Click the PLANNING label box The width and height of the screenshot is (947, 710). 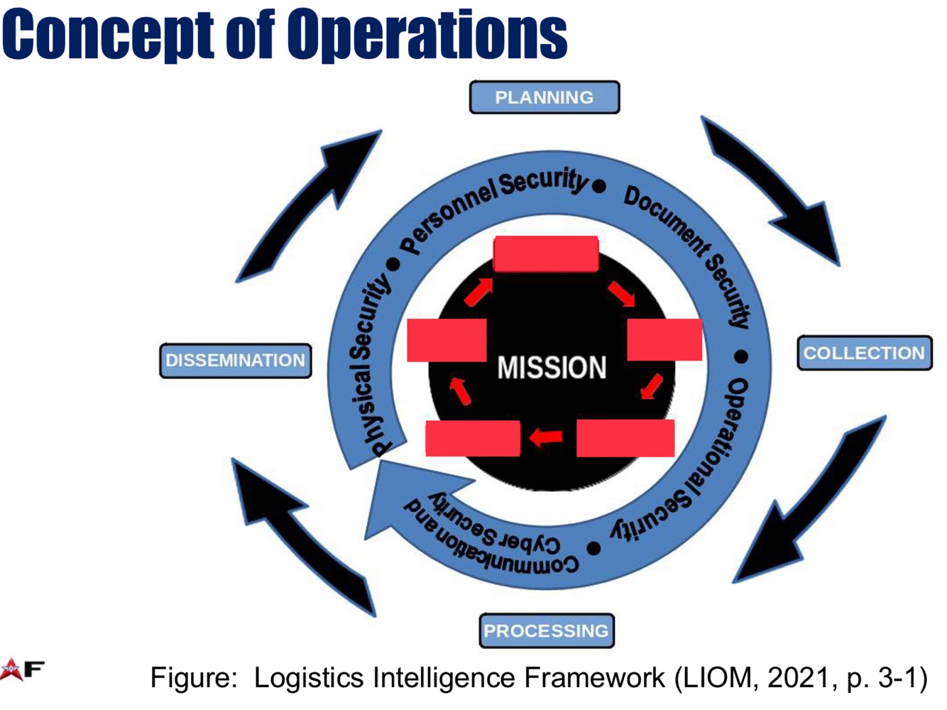544,97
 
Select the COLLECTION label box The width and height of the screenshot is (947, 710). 864,353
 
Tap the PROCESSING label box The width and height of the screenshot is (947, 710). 546,630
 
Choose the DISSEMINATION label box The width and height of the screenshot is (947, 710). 235,360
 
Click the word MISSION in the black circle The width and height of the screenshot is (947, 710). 552,368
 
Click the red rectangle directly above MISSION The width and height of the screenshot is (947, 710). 545,253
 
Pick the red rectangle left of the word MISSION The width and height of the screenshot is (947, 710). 447,340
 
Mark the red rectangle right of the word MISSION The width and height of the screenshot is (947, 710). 664,339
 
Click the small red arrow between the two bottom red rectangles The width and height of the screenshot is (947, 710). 547,437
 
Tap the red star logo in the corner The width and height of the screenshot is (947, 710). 12,668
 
